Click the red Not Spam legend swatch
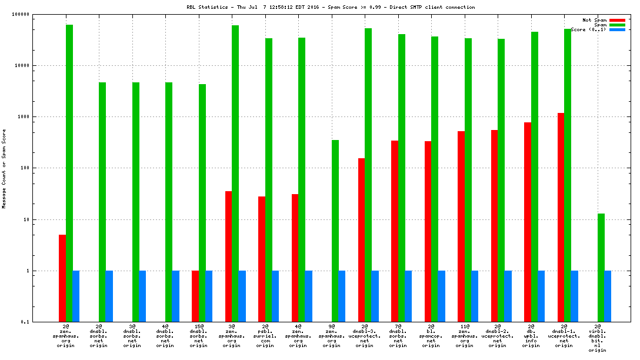617,20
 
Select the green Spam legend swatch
617,25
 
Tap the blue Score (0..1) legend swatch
617,29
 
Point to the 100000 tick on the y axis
21,14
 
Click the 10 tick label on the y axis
24,219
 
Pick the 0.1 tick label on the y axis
24,322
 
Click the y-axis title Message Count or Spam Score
4,168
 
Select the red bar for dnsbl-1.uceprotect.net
561,218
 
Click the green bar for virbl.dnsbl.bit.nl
601,268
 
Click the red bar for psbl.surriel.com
262,259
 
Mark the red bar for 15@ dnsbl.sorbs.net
195,296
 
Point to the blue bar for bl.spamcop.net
441,296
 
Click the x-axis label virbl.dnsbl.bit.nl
597,338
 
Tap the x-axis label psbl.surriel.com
265,336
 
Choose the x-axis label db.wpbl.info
531,336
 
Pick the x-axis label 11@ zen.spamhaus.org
464,336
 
